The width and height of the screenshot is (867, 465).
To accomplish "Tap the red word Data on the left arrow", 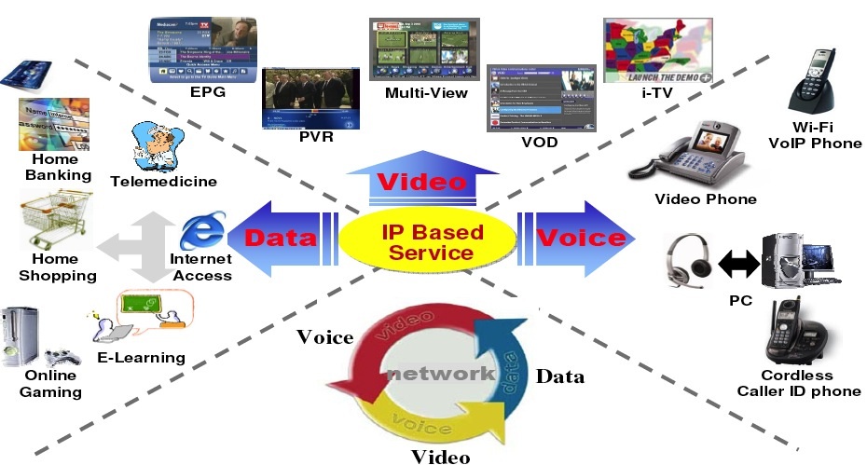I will [x=281, y=239].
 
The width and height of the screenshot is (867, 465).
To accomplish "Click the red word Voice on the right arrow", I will [x=580, y=238].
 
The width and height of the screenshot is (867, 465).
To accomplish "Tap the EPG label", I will [x=207, y=93].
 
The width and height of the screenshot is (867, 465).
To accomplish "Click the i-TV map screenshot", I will [x=658, y=50].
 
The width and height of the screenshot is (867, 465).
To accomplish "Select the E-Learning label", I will [x=142, y=358].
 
